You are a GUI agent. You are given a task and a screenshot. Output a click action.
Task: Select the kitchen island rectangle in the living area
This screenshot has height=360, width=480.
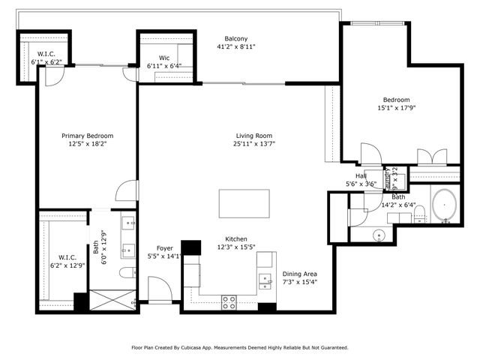[244, 203]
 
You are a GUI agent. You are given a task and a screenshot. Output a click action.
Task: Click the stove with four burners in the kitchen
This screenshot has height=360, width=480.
[229, 301]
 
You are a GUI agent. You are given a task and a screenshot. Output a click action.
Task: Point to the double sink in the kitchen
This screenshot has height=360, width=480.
[265, 281]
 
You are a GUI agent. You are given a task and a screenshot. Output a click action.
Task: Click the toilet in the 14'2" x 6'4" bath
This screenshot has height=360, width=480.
[420, 214]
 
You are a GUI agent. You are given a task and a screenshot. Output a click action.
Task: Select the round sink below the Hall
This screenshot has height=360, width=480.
[380, 234]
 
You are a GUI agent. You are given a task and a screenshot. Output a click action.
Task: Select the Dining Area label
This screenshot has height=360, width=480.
[299, 274]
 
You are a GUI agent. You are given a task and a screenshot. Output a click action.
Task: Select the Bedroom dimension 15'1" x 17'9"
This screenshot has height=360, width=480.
[396, 108]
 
